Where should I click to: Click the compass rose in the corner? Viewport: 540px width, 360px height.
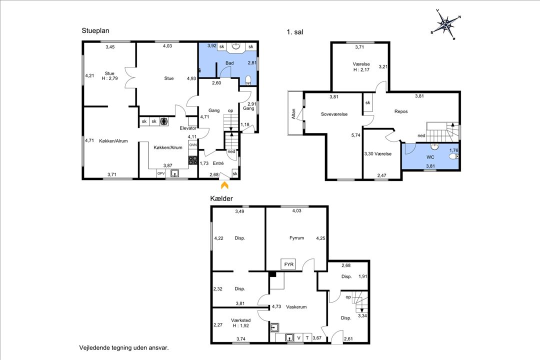tap(445, 24)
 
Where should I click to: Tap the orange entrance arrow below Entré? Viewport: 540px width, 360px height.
tap(224, 185)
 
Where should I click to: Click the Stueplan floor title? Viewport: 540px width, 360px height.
tap(95, 30)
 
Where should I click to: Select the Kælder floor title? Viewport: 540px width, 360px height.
tap(221, 198)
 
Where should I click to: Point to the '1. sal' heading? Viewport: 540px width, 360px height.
tap(295, 32)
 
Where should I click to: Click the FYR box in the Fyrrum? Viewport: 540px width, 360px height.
tap(288, 264)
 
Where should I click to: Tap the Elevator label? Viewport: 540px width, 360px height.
tap(188, 128)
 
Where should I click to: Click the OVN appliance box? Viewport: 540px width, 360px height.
tap(193, 145)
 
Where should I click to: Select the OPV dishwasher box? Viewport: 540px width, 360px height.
tap(161, 173)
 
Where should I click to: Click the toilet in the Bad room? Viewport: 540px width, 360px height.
tap(248, 80)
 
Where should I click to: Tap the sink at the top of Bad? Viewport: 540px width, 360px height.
tap(236, 46)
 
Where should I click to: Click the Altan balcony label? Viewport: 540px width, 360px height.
tap(294, 114)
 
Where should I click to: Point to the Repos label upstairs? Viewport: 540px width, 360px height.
tap(401, 111)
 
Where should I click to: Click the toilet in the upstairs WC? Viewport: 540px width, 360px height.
tap(454, 156)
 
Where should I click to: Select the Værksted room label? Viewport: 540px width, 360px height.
tap(240, 320)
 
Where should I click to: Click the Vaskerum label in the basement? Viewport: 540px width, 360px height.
tap(296, 307)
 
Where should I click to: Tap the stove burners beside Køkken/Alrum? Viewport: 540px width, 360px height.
tap(193, 160)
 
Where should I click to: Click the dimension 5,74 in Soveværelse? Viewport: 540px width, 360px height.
tap(356, 135)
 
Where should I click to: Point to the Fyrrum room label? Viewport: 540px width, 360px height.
tap(296, 237)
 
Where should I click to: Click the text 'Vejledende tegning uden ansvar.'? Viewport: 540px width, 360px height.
tap(124, 348)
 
